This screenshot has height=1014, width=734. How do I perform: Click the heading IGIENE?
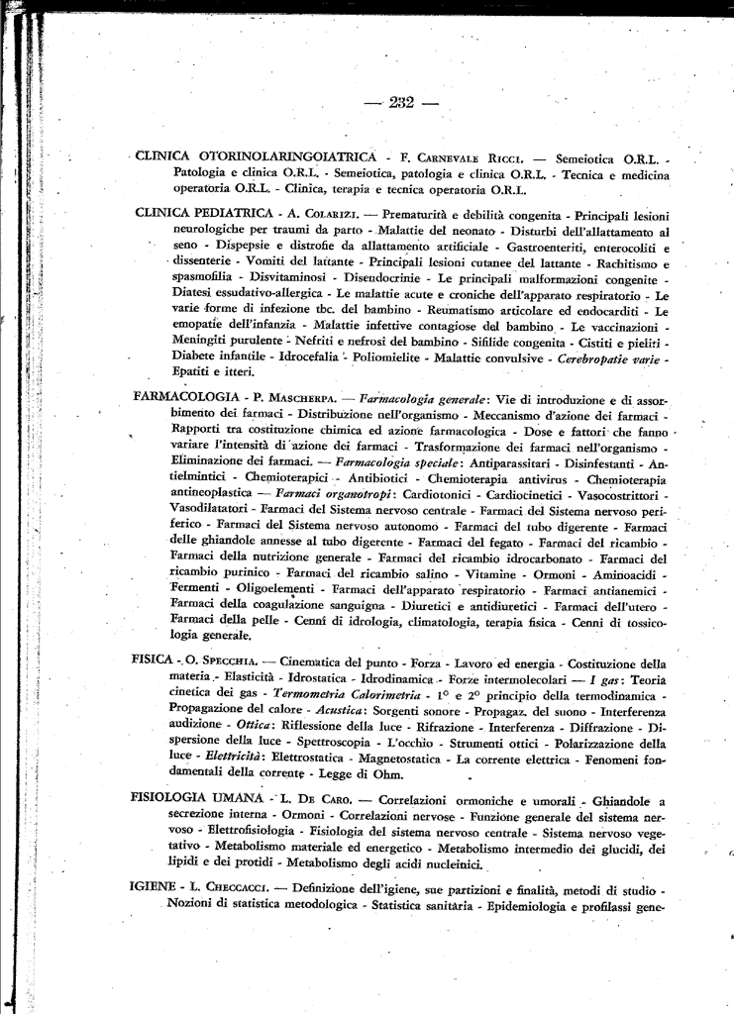point(154,889)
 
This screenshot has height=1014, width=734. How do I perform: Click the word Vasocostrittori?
point(613,493)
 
